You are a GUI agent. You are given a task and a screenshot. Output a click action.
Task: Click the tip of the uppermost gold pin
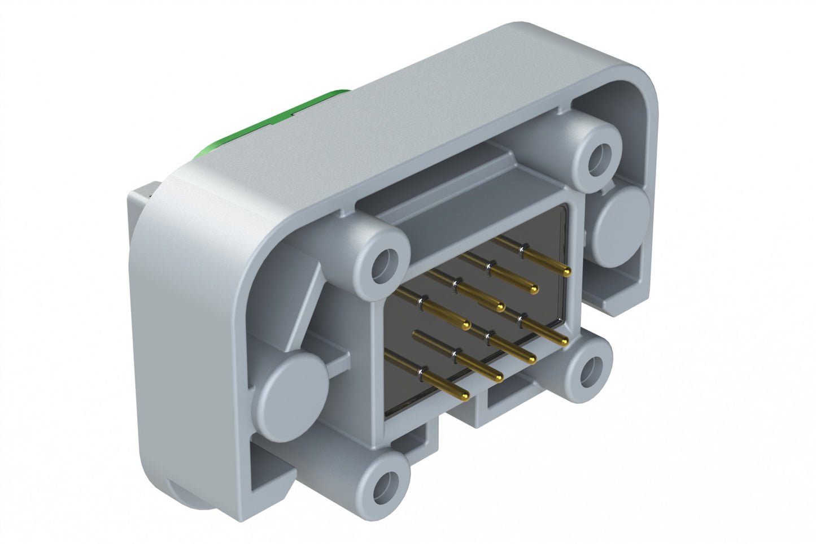(567, 273)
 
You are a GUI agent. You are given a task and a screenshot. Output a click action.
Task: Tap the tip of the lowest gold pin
(464, 395)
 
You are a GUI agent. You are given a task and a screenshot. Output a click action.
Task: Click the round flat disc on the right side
(623, 217)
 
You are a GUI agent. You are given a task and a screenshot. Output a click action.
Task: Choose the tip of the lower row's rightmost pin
(565, 342)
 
